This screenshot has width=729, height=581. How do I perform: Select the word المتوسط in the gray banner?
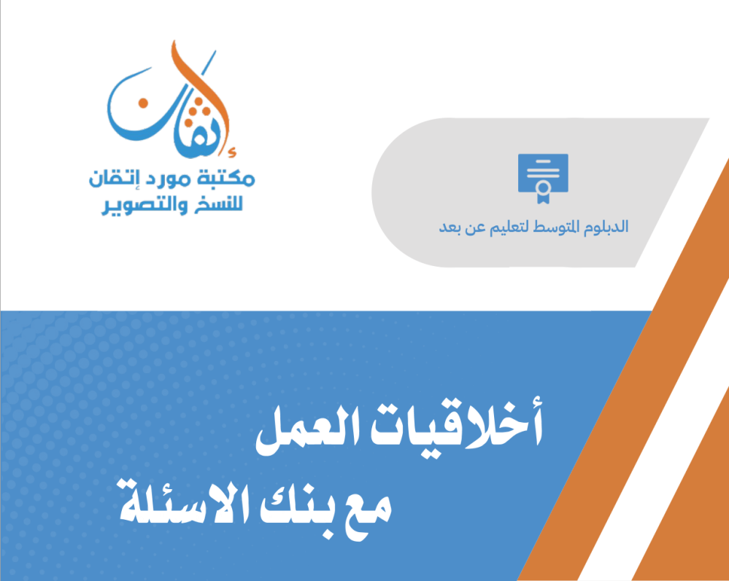(558, 227)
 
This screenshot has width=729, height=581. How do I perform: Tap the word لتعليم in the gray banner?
(512, 227)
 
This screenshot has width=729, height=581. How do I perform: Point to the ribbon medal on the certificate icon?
(543, 191)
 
